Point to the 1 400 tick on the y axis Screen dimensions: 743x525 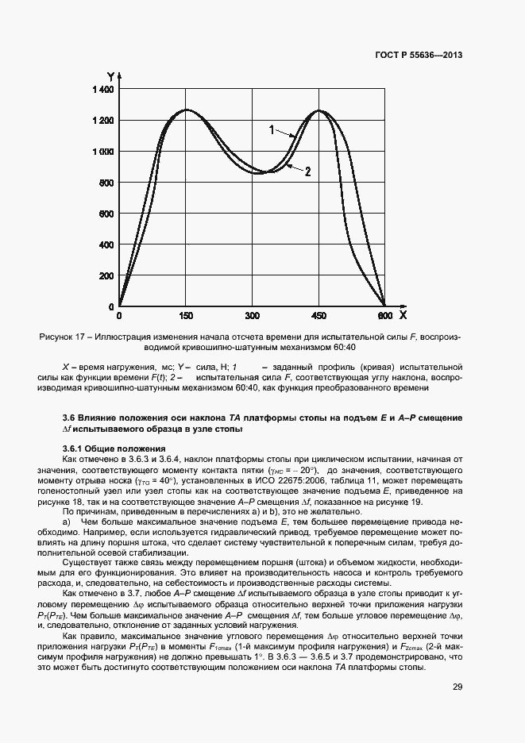click(101, 90)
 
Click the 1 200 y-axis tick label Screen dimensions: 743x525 click(101, 121)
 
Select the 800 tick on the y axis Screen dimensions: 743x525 click(106, 183)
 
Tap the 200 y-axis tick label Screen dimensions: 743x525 click(106, 275)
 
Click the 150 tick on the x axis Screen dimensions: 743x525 click(186, 316)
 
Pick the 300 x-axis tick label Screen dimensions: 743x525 click(253, 316)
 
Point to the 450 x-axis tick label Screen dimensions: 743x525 click(318, 316)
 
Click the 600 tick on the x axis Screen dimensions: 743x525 click(385, 316)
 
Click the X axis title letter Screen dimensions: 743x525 click(403, 315)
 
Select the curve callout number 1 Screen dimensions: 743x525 click(271, 129)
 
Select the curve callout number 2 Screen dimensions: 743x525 click(307, 171)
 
